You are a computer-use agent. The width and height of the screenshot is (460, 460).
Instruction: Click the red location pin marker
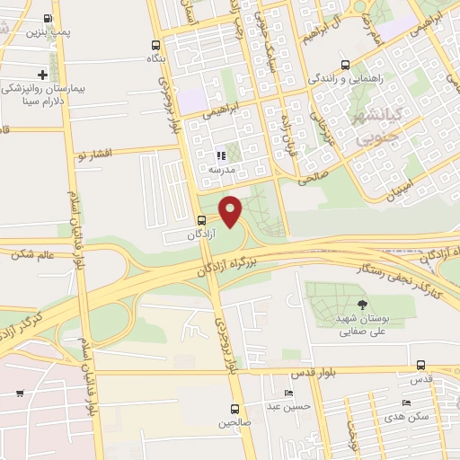tap(232, 209)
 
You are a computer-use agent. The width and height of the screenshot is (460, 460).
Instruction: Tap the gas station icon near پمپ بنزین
tap(48, 17)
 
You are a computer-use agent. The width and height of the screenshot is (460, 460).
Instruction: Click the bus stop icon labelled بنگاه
tap(156, 44)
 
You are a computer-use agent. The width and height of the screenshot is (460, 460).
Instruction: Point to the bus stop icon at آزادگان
tap(201, 220)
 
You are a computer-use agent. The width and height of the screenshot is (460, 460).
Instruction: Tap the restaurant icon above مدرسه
tap(219, 155)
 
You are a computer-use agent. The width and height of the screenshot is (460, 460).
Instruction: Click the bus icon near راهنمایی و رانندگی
tap(346, 65)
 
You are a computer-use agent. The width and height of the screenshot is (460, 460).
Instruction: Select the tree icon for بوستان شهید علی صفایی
tap(362, 305)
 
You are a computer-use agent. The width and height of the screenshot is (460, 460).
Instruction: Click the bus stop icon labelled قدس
tap(422, 365)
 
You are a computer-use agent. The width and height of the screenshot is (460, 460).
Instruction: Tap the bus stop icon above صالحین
tap(234, 407)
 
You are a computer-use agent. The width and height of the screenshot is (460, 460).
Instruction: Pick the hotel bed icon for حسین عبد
tap(288, 394)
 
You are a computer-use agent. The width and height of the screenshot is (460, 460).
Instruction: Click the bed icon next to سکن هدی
tap(407, 402)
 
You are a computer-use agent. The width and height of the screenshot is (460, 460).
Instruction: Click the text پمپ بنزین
tap(48, 31)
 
